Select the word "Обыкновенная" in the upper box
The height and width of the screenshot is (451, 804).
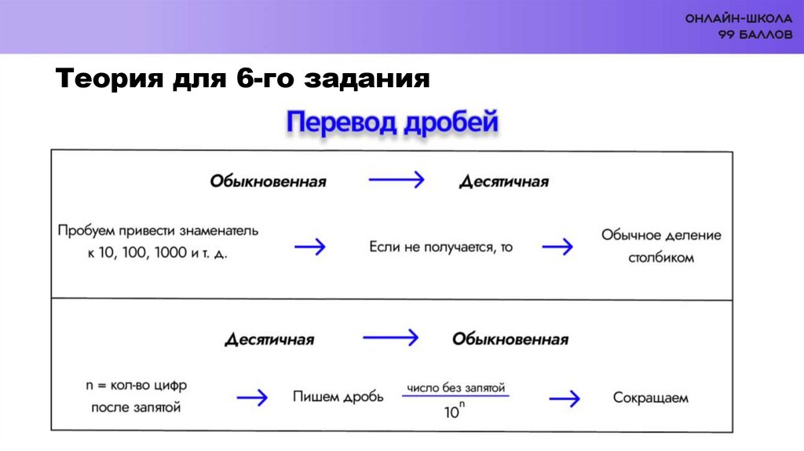(268, 181)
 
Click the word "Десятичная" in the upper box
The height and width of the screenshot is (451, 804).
(504, 181)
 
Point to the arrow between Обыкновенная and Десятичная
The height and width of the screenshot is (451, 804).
(397, 180)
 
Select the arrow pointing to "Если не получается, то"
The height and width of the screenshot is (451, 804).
(310, 247)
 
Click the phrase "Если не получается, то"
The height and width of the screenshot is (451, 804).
(441, 247)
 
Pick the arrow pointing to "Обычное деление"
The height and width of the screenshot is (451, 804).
(557, 247)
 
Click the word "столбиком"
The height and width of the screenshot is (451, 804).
(661, 257)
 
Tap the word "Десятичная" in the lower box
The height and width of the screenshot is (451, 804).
(269, 340)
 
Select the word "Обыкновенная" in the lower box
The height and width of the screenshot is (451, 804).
(510, 339)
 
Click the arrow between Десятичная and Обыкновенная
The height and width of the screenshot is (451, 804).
(391, 338)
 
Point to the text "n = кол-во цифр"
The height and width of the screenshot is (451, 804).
(137, 386)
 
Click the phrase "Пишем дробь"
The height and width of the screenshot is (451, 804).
(338, 398)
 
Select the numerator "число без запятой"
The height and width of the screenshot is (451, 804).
(455, 387)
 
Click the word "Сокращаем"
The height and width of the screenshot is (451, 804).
(652, 398)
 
